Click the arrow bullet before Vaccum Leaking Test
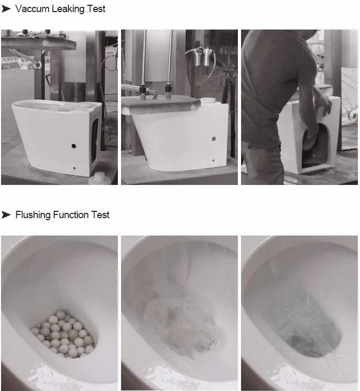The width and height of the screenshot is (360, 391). (6, 9)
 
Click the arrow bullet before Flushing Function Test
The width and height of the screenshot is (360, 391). (6, 215)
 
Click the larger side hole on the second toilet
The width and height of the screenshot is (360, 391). (214, 139)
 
